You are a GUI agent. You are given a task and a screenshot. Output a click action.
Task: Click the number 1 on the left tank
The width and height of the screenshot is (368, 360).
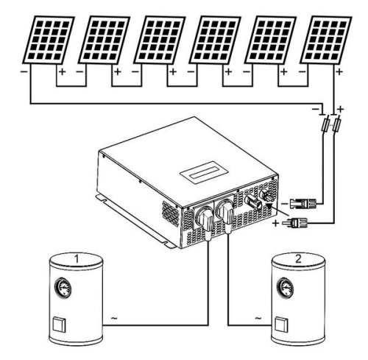coord(77,258)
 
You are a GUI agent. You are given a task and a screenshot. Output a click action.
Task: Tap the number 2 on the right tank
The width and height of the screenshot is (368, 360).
coord(298,258)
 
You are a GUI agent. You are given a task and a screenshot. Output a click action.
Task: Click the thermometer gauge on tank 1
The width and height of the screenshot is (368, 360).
coord(63,288)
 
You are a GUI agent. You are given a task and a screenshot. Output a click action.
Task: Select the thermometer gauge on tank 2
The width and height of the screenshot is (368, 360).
coord(285,288)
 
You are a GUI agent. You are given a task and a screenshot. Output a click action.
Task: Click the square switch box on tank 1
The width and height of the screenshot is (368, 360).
coord(60,325)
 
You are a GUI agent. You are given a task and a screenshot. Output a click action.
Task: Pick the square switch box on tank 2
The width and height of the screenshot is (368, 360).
coord(281,325)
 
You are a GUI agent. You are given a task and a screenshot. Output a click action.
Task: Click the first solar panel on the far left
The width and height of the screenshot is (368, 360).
coord(49,40)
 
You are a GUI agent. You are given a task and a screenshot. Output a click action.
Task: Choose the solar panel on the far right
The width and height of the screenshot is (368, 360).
coord(326,40)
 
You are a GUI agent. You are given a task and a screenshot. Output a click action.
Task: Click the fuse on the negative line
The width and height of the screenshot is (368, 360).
coord(325,125)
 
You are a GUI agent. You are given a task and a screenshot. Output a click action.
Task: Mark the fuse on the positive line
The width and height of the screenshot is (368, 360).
coord(336,125)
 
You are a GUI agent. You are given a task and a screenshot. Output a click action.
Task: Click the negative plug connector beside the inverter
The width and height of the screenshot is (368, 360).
coord(302,203)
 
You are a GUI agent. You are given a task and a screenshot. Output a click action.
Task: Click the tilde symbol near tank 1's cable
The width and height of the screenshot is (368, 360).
coord(114,318)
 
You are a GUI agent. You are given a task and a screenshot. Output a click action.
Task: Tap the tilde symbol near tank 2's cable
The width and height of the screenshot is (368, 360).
coord(258,318)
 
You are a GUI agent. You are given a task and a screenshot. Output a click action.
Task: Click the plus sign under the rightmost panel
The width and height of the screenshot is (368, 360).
coord(339,72)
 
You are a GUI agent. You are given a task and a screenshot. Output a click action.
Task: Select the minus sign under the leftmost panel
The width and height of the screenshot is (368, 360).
coord(24,71)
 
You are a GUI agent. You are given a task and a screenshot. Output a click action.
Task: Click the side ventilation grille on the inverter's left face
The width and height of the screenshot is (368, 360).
coord(171,213)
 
